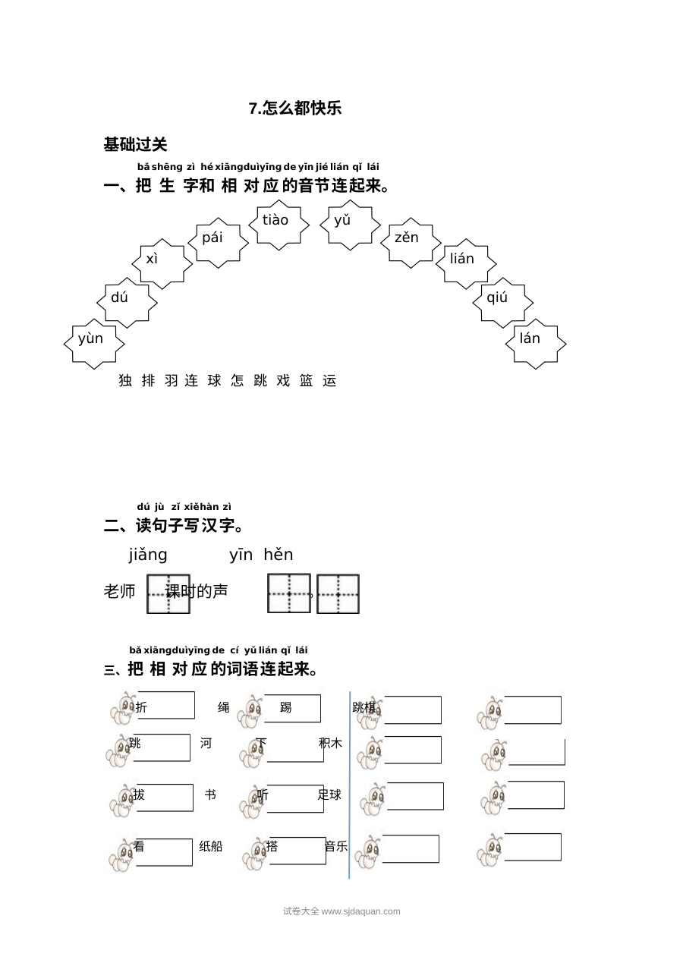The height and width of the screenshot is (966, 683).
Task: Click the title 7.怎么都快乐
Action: (295, 109)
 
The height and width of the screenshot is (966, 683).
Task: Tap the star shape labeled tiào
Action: (279, 225)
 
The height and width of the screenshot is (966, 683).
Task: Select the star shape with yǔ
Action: (350, 225)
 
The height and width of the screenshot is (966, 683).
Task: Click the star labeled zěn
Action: (411, 243)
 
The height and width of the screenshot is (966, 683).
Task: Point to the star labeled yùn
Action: (94, 345)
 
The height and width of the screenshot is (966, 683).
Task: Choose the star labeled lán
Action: (536, 345)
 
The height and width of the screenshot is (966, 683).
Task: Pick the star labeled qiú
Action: (502, 303)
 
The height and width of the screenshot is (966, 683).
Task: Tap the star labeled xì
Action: (162, 264)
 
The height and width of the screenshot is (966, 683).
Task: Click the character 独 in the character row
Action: (125, 381)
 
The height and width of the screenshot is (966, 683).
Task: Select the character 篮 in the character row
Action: (306, 381)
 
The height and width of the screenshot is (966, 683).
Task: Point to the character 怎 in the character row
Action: (237, 381)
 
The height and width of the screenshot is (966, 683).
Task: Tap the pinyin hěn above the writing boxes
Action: (278, 555)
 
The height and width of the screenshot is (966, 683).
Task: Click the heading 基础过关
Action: (135, 144)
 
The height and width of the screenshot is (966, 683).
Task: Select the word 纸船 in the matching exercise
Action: (210, 847)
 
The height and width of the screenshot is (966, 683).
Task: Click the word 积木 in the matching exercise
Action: (330, 743)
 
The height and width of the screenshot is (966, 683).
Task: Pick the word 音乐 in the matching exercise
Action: (336, 847)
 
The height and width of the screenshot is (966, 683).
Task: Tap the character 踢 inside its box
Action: (285, 707)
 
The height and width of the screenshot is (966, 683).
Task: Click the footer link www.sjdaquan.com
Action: (361, 911)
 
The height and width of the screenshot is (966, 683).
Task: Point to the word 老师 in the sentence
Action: (119, 591)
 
